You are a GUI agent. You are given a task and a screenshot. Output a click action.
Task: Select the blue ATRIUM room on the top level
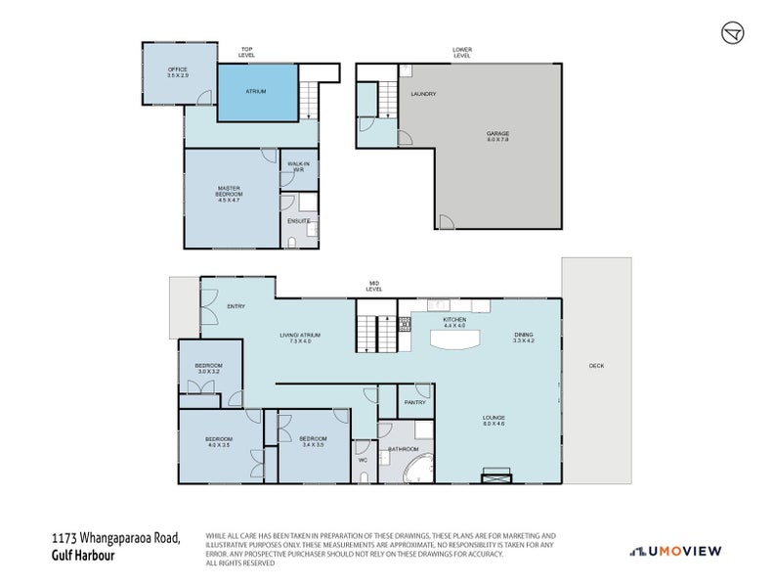click(x=256, y=93)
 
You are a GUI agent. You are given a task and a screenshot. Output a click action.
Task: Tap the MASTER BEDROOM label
click(x=229, y=196)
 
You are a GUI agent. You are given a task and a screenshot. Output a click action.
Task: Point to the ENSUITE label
click(x=299, y=221)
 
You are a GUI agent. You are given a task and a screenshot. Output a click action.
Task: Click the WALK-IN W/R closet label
click(x=298, y=167)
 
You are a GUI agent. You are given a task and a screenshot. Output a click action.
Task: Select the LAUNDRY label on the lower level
click(x=423, y=94)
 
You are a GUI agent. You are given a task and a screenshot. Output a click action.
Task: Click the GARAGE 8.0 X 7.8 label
click(x=498, y=137)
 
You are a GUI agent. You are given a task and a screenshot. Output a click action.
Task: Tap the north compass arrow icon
click(x=731, y=32)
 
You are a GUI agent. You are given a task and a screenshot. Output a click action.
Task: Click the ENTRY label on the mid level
click(x=236, y=306)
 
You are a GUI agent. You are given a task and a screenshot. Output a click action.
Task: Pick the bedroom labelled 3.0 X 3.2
click(x=208, y=369)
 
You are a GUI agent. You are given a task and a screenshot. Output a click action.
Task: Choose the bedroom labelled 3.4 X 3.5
click(x=313, y=441)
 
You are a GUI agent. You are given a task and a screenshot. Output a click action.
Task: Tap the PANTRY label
click(x=415, y=401)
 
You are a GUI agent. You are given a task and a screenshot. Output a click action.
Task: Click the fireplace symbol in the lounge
click(x=495, y=477)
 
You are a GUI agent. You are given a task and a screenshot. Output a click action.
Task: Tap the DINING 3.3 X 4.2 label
click(x=525, y=339)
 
